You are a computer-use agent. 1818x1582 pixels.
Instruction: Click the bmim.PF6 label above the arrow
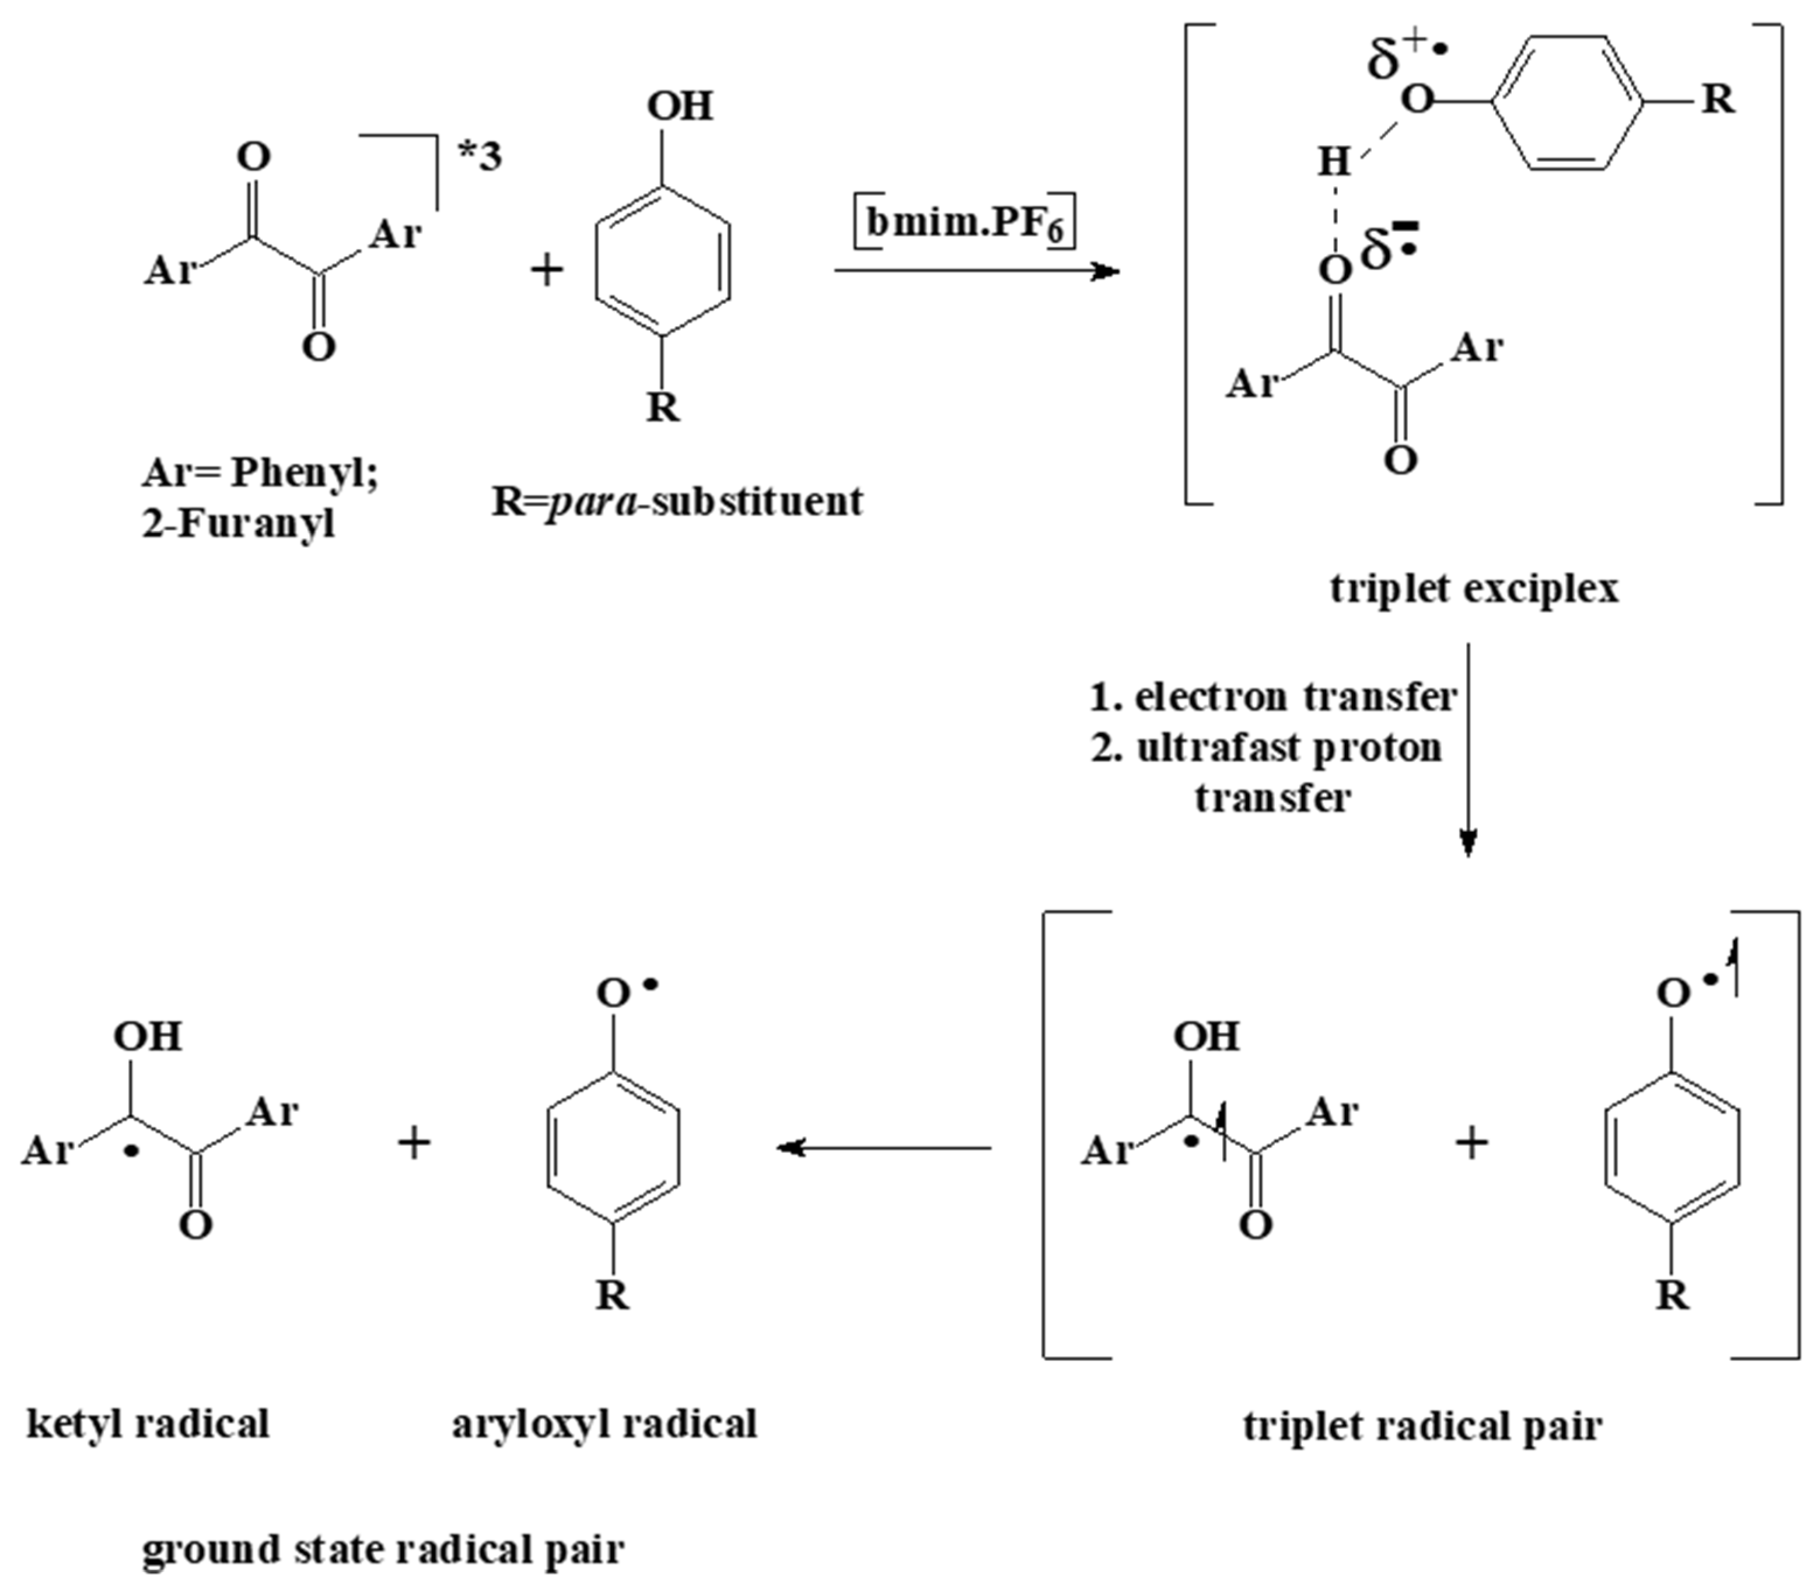click(965, 222)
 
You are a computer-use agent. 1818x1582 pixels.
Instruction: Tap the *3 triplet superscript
click(480, 156)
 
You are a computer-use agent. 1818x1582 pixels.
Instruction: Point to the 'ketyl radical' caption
click(148, 1423)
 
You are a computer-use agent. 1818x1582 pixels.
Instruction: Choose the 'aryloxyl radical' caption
click(605, 1423)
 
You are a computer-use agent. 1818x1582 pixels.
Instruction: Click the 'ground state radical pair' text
click(383, 1548)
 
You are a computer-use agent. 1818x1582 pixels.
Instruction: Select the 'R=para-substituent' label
click(677, 502)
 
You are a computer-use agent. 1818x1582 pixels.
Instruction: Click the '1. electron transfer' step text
click(1273, 698)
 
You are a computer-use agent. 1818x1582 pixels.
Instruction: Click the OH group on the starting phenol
click(679, 107)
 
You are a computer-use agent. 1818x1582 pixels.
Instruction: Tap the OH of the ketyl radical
click(148, 1035)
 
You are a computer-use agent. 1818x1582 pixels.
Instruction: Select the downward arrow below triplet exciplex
click(1467, 750)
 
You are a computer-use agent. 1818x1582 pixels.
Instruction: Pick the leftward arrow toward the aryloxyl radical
click(883, 1147)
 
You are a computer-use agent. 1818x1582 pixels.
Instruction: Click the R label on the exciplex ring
click(1717, 99)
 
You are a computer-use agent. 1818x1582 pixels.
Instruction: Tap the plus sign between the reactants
click(547, 269)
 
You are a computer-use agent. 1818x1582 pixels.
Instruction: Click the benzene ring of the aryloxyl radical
click(614, 1147)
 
